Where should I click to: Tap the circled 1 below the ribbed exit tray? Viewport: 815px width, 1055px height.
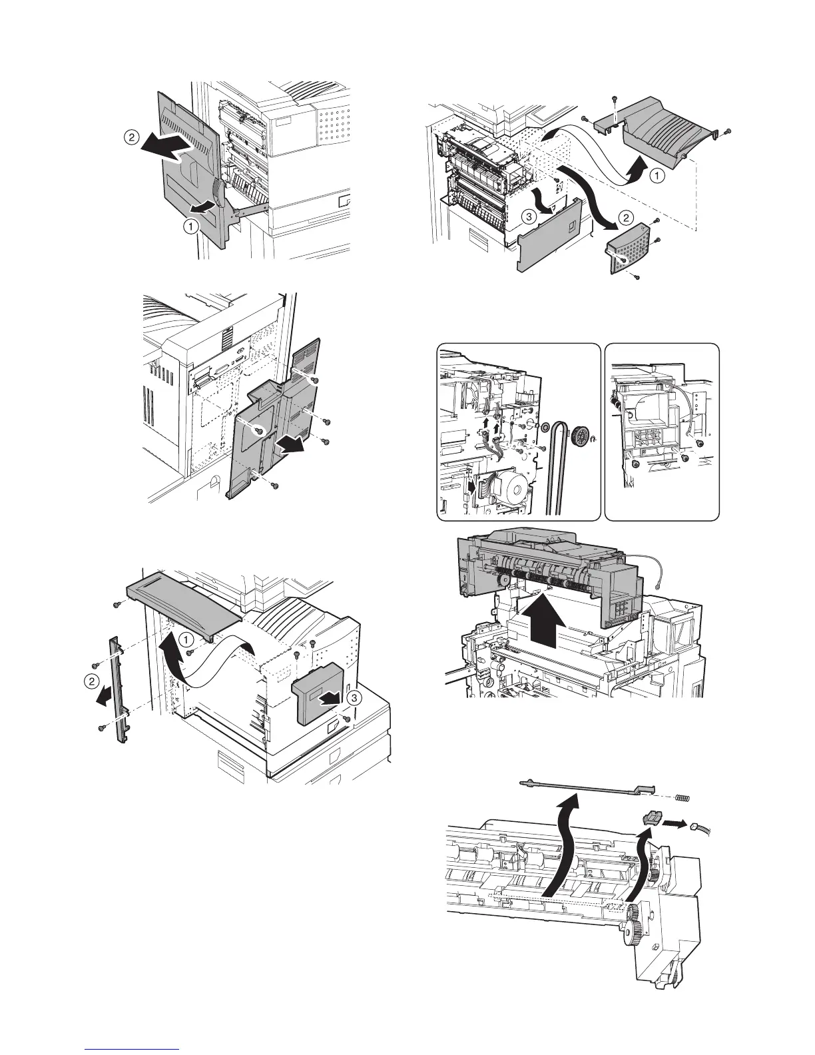tap(656, 177)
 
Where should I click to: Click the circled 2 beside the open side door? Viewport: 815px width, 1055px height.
tap(131, 138)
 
